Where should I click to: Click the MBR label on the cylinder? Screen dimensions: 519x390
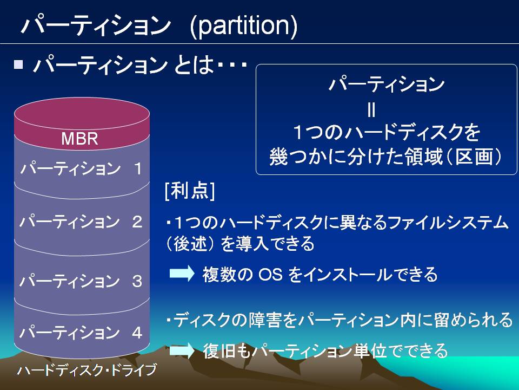pos(80,139)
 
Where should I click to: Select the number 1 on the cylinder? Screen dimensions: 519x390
pos(138,168)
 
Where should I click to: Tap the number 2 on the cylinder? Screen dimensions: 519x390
pos(137,222)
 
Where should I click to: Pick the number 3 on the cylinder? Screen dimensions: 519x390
pos(137,281)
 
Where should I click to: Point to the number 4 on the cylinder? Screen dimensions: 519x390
pos(137,333)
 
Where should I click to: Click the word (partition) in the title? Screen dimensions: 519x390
pos(244,26)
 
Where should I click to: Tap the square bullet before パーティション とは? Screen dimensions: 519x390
pos(18,64)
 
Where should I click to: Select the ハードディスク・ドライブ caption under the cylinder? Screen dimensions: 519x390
pos(87,370)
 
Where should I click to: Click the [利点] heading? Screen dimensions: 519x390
pos(190,191)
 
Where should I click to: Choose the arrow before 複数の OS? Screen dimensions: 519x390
pos(182,273)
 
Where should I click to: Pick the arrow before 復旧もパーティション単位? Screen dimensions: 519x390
pos(182,350)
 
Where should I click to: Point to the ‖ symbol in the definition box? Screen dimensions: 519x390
pos(371,109)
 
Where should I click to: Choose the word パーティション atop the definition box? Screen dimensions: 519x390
pos(386,84)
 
